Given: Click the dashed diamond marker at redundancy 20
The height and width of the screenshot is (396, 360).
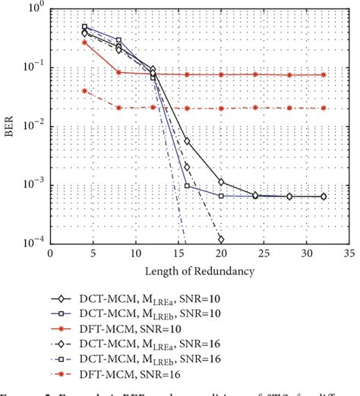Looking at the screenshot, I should point(221,240).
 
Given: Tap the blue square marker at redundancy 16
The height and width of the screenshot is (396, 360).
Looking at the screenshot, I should point(187,185).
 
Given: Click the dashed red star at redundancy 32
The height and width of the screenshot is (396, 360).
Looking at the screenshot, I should point(324,108).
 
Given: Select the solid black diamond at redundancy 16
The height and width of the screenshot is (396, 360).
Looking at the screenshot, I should point(187,141).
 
